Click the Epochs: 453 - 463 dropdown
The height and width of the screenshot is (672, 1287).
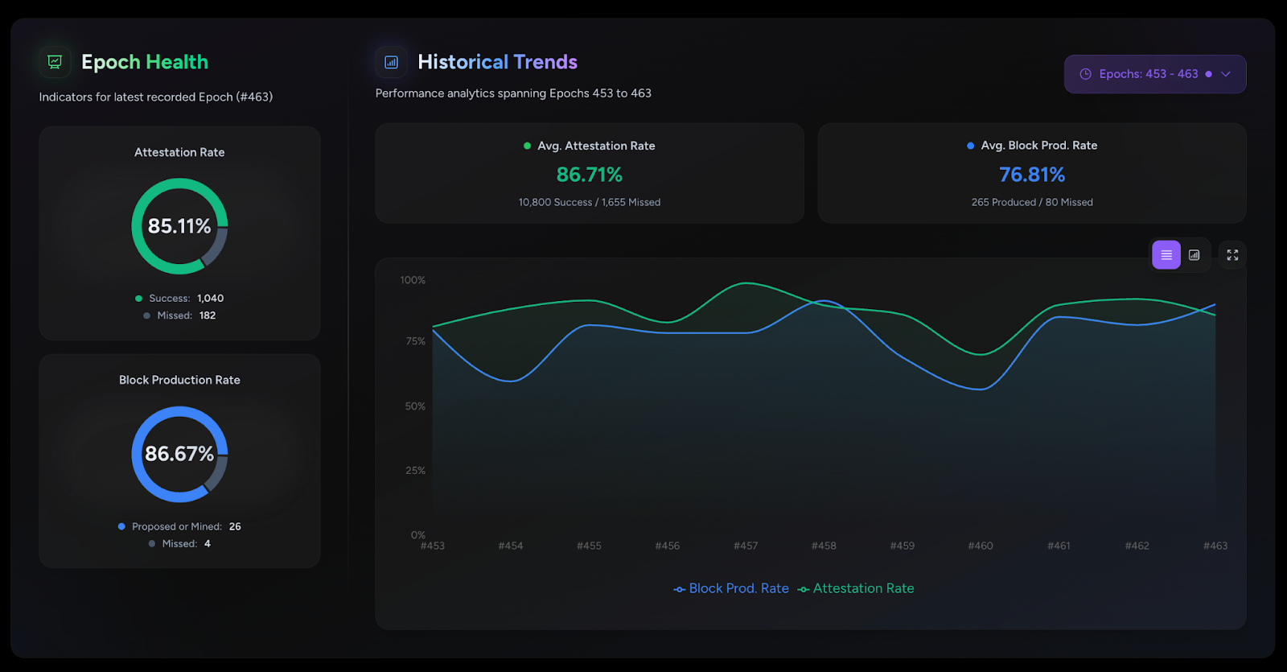tap(1154, 74)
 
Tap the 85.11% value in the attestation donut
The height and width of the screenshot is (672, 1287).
tap(179, 226)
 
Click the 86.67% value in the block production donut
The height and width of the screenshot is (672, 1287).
tap(179, 454)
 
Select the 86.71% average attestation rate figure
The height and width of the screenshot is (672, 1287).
tap(589, 175)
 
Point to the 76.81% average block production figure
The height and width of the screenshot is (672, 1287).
tap(1031, 175)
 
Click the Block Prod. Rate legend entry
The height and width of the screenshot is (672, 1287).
tap(731, 588)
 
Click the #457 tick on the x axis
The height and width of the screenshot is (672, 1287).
tap(746, 546)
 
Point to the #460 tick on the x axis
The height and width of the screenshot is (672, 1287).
tap(981, 546)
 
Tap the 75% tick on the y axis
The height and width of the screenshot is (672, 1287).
tap(415, 341)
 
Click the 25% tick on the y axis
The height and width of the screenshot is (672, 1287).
tap(415, 471)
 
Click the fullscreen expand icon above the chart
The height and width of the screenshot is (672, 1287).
tap(1231, 255)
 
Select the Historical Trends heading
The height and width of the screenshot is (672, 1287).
tap(497, 62)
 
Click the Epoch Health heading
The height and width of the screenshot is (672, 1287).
tap(145, 62)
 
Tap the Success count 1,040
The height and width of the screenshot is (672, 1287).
tap(211, 298)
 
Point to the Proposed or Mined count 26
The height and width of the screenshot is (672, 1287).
tap(235, 526)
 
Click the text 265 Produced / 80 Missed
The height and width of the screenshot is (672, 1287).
tap(1031, 202)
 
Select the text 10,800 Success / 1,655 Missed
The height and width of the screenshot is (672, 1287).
tap(589, 202)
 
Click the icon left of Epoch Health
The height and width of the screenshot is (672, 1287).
tap(55, 62)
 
